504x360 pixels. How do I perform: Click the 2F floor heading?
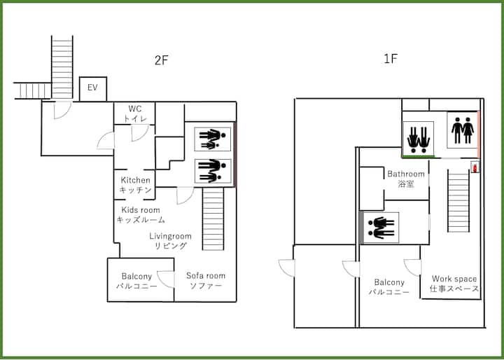coord(162,60)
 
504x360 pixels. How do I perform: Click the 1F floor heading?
coord(391,59)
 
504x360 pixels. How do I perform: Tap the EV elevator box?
coord(93,89)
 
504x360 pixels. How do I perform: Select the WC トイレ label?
coord(135,113)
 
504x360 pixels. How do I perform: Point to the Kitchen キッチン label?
coord(135,185)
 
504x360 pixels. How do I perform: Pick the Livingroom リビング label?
coord(170,241)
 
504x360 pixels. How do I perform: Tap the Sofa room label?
coord(206,281)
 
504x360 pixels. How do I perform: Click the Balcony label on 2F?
coord(136,281)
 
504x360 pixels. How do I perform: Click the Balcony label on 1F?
coord(389,287)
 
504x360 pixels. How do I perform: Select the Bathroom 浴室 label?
coord(406,179)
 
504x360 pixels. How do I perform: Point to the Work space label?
coord(454,284)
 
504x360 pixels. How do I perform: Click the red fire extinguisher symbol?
coord(475,167)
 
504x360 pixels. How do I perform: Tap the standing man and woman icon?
coord(463,130)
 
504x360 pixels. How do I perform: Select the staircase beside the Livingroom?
coord(213,219)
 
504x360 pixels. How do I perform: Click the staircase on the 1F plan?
coord(458,201)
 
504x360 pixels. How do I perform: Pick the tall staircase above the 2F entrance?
coord(62,67)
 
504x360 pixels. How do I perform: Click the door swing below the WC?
coord(140,133)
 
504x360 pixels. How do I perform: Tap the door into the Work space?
coord(412,268)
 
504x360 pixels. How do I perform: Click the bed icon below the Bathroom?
coord(379,228)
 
